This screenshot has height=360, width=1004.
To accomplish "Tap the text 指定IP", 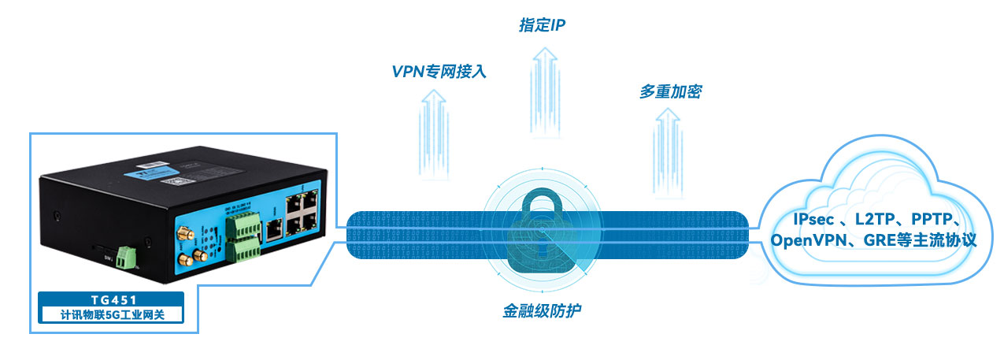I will point(542,25).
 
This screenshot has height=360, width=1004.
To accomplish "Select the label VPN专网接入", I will point(439,71).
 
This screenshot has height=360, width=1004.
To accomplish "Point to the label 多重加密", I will point(669,92).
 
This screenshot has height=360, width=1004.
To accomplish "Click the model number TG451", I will point(111,299).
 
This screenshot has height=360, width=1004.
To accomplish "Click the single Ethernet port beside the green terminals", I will point(274,228).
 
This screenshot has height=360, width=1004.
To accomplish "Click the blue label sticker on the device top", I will point(180,179).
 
